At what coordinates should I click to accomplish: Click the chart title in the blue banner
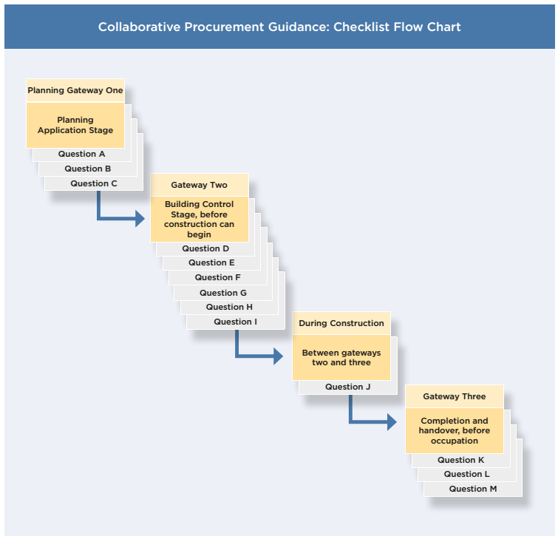pyautogui.click(x=279, y=27)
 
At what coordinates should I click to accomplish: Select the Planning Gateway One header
pyautogui.click(x=75, y=91)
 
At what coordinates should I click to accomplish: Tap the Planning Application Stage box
pyautogui.click(x=75, y=125)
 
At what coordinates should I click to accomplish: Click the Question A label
pyautogui.click(x=81, y=154)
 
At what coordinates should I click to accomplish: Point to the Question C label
pyautogui.click(x=94, y=183)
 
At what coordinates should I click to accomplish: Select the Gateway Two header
pyautogui.click(x=200, y=185)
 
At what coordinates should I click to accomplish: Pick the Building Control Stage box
pyautogui.click(x=200, y=219)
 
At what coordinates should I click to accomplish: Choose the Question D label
pyautogui.click(x=205, y=248)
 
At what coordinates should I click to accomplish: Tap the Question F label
pyautogui.click(x=218, y=277)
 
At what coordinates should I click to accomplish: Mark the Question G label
pyautogui.click(x=223, y=293)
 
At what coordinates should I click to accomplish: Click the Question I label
pyautogui.click(x=236, y=322)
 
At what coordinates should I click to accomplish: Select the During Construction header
pyautogui.click(x=341, y=323)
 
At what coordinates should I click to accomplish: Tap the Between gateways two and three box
pyautogui.click(x=341, y=358)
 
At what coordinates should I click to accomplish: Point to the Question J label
pyautogui.click(x=344, y=387)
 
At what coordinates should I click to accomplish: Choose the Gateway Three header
pyautogui.click(x=455, y=396)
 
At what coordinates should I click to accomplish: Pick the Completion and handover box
pyautogui.click(x=455, y=431)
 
